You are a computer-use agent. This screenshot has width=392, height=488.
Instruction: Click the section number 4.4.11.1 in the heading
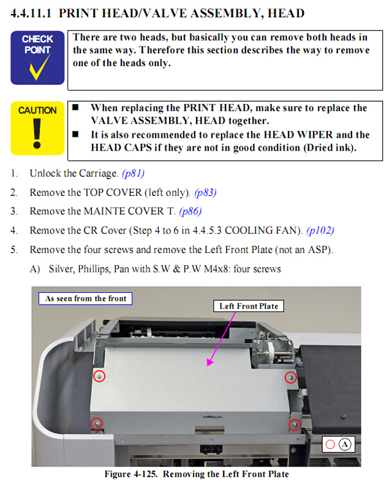pyautogui.click(x=32, y=13)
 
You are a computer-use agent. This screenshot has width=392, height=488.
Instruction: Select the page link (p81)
pyautogui.click(x=133, y=173)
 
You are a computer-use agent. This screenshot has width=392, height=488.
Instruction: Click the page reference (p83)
pyautogui.click(x=205, y=192)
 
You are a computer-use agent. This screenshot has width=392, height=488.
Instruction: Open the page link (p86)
pyautogui.click(x=190, y=211)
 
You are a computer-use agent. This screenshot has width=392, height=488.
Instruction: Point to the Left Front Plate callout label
pyautogui.click(x=249, y=306)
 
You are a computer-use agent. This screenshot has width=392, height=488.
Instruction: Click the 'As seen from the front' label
pyautogui.click(x=86, y=299)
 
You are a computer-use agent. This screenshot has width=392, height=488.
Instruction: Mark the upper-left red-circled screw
pyautogui.click(x=98, y=377)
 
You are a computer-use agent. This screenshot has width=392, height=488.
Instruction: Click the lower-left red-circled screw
pyautogui.click(x=96, y=423)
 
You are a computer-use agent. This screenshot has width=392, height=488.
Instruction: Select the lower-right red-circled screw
pyautogui.click(x=295, y=424)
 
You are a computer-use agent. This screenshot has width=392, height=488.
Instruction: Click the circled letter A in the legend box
pyautogui.click(x=344, y=445)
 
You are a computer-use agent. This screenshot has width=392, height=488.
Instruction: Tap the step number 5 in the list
pyautogui.click(x=13, y=250)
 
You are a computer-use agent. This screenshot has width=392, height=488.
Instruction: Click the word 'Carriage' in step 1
pyautogui.click(x=97, y=173)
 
